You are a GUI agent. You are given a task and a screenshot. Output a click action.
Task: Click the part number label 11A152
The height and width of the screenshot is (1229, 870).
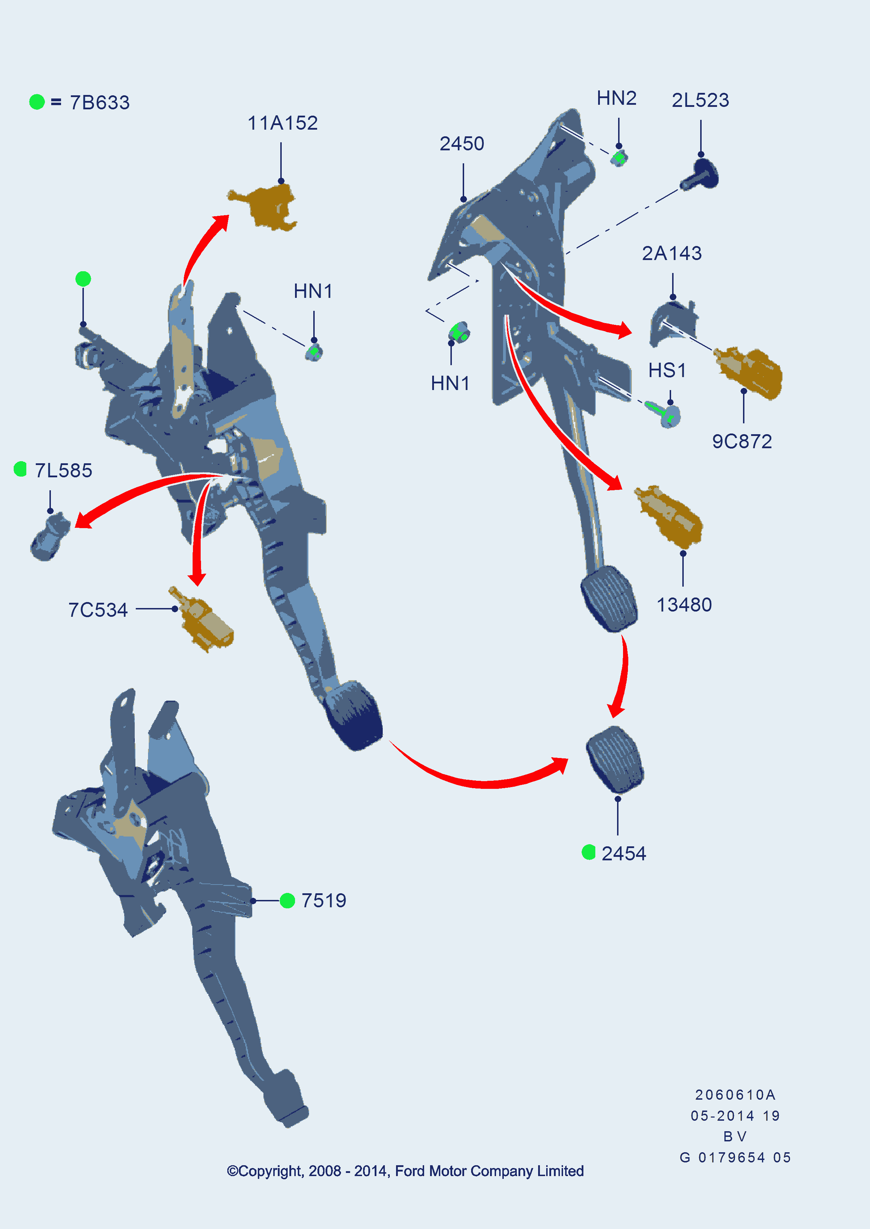coord(282,123)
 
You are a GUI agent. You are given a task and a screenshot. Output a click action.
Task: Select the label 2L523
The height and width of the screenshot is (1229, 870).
coord(700,101)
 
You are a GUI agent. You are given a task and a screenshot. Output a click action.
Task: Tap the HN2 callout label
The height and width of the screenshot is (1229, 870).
coord(617,98)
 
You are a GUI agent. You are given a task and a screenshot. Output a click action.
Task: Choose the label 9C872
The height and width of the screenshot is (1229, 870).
coord(742,442)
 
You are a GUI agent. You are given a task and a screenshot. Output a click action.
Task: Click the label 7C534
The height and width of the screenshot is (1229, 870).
coord(98,610)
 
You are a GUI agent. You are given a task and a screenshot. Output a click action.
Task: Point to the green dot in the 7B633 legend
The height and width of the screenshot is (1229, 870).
coord(37,102)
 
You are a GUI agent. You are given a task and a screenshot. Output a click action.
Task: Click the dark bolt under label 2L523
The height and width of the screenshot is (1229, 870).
coord(700,175)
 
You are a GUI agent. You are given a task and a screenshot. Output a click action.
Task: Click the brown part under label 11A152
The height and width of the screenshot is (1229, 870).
coord(265,207)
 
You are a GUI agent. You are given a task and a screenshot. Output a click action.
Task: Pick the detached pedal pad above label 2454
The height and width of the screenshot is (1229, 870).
coord(615,759)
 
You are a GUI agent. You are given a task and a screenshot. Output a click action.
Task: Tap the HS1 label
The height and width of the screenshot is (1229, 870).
coord(667,370)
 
